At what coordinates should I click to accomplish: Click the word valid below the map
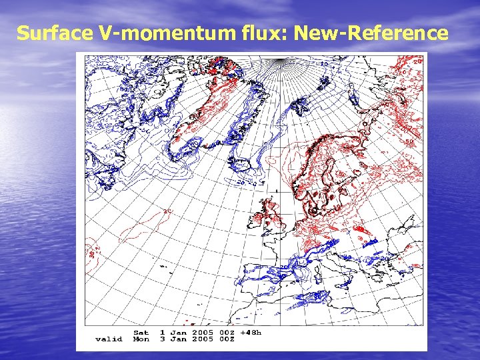click(x=109, y=339)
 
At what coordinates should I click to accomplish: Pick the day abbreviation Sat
click(x=141, y=332)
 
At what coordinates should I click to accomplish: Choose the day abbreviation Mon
click(x=141, y=339)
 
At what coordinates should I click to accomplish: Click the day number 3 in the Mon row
click(x=162, y=339)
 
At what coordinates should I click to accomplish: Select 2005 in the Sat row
click(x=203, y=332)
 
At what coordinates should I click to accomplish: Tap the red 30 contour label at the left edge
click(x=91, y=251)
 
